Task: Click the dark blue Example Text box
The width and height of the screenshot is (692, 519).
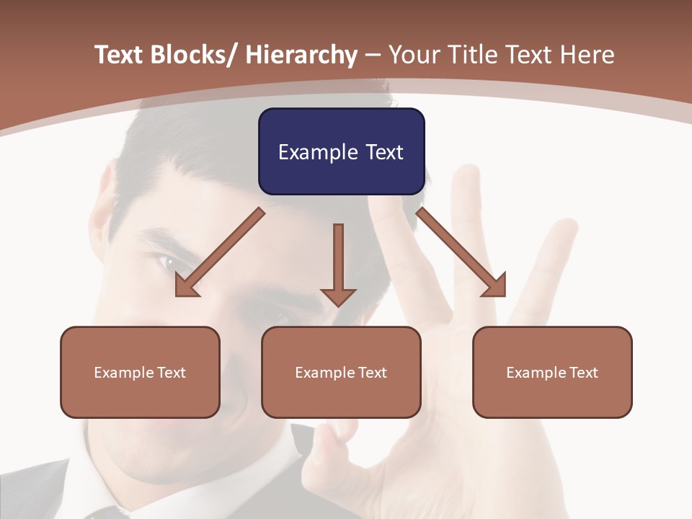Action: coord(341,151)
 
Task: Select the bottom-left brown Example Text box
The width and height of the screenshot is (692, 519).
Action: coord(140,372)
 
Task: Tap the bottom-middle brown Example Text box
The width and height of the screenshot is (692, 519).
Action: coord(341,372)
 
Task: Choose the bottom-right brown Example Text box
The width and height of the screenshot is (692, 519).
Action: coord(552,372)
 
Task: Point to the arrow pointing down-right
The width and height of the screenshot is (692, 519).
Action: coord(461,252)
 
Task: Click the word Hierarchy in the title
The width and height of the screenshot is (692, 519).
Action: coord(301,55)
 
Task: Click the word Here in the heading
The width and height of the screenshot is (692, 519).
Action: coord(587,55)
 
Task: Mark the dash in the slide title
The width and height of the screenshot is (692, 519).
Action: coord(373,55)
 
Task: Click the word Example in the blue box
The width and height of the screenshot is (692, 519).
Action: coord(318,152)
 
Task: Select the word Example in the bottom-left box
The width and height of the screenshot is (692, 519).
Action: coord(123,373)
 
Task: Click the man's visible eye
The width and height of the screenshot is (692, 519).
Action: coord(168,263)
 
